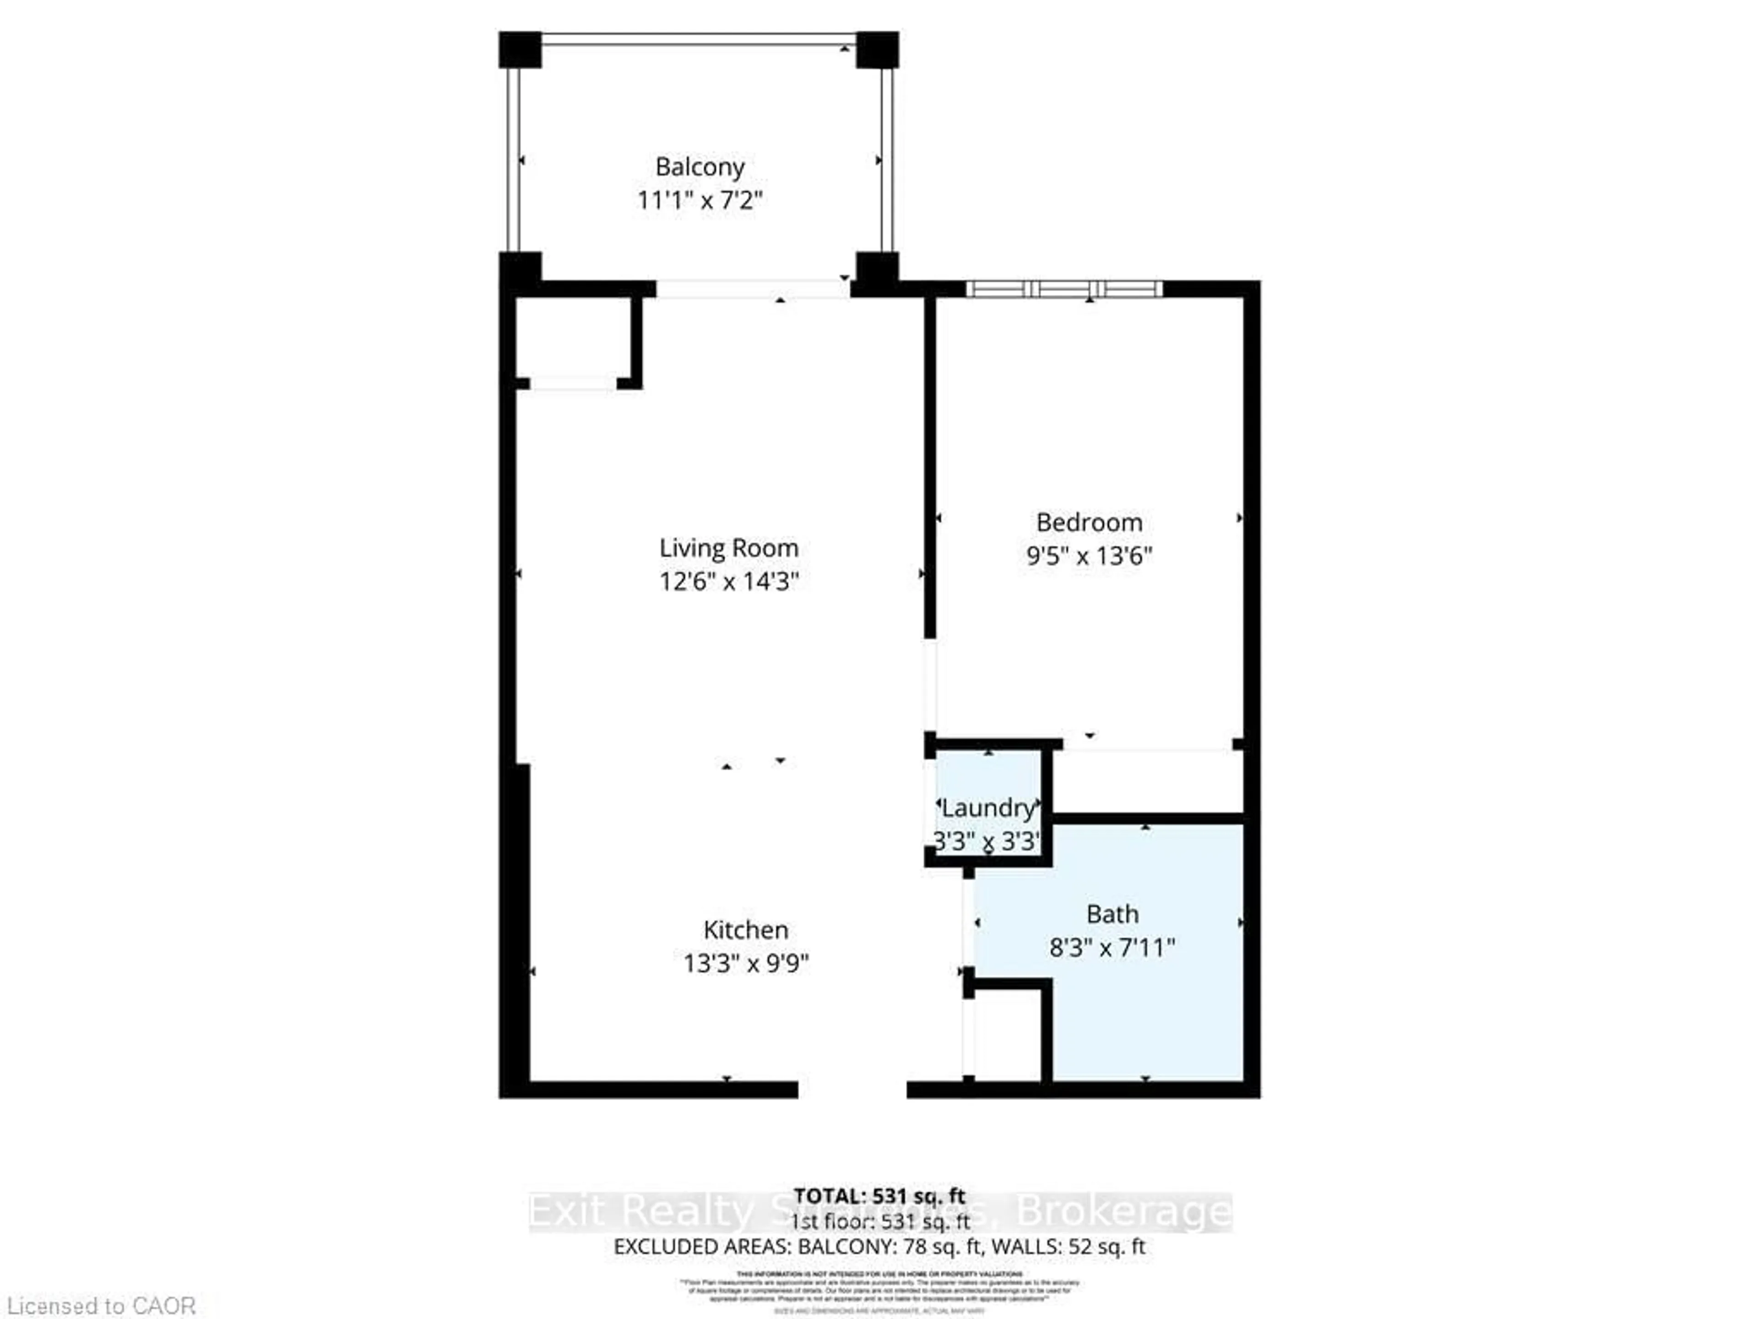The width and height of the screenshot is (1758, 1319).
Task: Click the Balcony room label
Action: (700, 167)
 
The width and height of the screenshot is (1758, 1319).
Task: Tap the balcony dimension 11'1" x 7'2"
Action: (700, 200)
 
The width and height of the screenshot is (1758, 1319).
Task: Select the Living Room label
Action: (728, 548)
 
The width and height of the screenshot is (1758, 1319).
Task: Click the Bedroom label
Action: (1089, 523)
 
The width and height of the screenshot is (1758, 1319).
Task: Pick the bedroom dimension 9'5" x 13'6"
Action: (1089, 556)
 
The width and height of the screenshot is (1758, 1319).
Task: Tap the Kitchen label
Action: (745, 929)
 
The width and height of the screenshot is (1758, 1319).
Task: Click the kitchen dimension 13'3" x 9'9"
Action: (745, 964)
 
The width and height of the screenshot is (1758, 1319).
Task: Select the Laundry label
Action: (988, 808)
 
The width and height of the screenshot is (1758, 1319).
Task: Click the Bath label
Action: (1112, 914)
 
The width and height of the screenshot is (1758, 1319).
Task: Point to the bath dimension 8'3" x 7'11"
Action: (1112, 948)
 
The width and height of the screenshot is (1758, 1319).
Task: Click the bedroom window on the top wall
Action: (1064, 289)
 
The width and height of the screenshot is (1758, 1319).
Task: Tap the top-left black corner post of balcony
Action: (520, 49)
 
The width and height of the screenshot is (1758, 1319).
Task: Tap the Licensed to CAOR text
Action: (100, 1305)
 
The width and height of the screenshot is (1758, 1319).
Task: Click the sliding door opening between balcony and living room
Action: (753, 289)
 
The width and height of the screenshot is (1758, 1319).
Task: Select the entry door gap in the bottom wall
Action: (852, 1089)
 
